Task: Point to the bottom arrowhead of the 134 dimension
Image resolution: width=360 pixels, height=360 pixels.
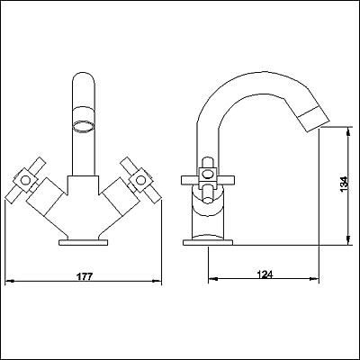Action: point(346,238)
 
